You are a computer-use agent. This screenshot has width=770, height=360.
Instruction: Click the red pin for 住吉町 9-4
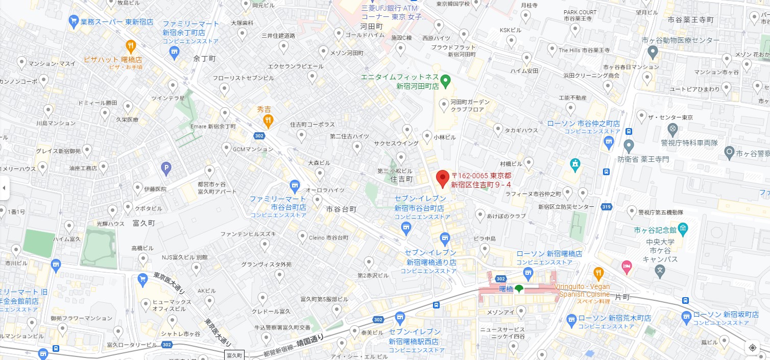[442, 178]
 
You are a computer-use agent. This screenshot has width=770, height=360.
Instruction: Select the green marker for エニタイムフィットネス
[445, 80]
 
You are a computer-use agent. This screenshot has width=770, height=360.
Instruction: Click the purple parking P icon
[165, 167]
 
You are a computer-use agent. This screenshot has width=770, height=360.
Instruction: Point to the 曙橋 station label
[506, 289]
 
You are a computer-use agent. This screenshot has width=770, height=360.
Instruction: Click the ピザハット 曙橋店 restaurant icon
[131, 46]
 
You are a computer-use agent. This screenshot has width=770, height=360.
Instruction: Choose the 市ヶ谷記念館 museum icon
[683, 227]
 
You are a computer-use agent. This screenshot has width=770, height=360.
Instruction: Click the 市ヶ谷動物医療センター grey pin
[652, 51]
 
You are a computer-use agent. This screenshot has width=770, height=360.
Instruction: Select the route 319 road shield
[606, 207]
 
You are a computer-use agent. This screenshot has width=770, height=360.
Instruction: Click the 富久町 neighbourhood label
[143, 223]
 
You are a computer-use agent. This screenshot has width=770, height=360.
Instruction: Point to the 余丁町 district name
[205, 59]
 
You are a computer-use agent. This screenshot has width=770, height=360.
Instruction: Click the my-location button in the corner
[752, 347]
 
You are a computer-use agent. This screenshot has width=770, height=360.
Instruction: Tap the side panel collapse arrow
[4, 187]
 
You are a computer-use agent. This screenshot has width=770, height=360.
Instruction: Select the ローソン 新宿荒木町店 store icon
[570, 319]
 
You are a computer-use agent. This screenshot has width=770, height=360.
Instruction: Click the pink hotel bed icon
[626, 266]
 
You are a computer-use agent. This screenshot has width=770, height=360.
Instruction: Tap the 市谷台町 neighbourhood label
[341, 209]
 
